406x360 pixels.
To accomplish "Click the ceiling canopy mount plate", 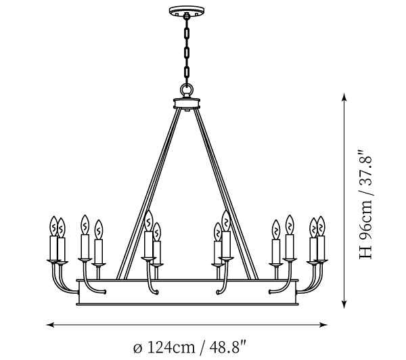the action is [x=187, y=11].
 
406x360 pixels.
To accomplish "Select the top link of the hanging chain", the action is [x=187, y=33].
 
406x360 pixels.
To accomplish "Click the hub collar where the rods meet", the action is [x=187, y=104].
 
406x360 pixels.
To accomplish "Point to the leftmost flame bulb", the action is [x=53, y=226].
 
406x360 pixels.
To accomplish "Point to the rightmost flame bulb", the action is [x=321, y=226].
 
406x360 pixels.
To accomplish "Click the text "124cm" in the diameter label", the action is [x=171, y=348].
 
